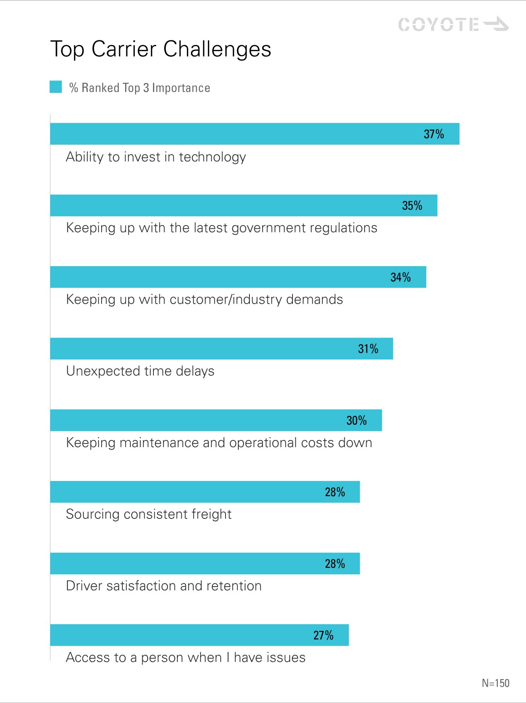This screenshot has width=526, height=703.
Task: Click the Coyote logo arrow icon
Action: tap(497, 24)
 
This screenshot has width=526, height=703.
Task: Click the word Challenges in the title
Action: tap(217, 50)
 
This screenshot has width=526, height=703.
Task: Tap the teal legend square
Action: tap(56, 87)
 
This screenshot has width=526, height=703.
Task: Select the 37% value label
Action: tap(434, 134)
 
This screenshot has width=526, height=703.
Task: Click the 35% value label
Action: tap(412, 206)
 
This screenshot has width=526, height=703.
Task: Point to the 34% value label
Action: tap(400, 277)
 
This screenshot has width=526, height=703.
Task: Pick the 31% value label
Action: tap(368, 349)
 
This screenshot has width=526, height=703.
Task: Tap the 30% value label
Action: tap(356, 420)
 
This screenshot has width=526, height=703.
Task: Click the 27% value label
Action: tap(323, 635)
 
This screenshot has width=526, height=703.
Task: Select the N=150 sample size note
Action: tap(495, 683)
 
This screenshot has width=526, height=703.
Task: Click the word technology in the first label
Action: tap(212, 157)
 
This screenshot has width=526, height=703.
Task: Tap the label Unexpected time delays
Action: tap(140, 371)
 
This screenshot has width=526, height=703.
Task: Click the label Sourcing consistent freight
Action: tap(149, 514)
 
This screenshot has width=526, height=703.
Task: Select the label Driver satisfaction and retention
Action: tap(164, 586)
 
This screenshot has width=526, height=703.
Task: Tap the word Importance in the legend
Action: tap(181, 88)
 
